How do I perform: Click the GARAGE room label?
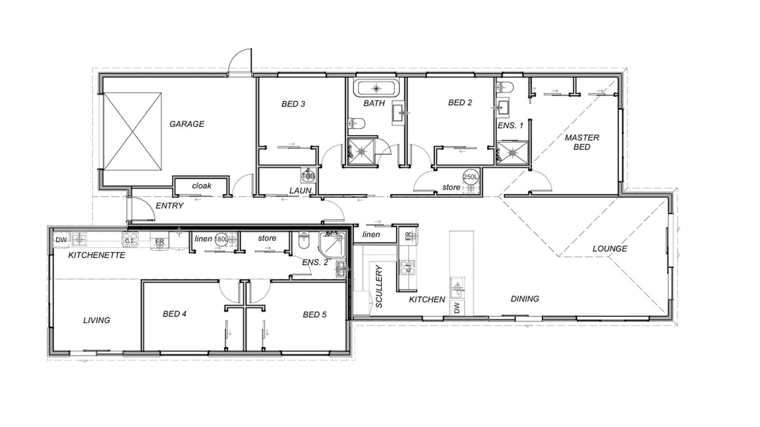coord(187,124)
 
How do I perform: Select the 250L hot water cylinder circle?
coord(471,177)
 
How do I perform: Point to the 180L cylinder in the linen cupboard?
coord(221,239)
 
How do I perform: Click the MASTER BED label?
coord(581,142)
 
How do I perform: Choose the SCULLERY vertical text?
coord(379,286)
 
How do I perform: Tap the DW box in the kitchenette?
coord(61,240)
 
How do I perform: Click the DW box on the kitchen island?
coord(457,308)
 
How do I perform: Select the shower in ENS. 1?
coord(513,152)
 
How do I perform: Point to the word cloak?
coord(201,185)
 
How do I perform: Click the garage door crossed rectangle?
coord(132,132)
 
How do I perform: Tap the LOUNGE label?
coord(610,248)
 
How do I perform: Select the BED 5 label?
coord(314,314)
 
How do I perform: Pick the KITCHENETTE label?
coord(97,255)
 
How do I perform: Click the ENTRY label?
coord(169,206)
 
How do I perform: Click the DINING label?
coord(524,299)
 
